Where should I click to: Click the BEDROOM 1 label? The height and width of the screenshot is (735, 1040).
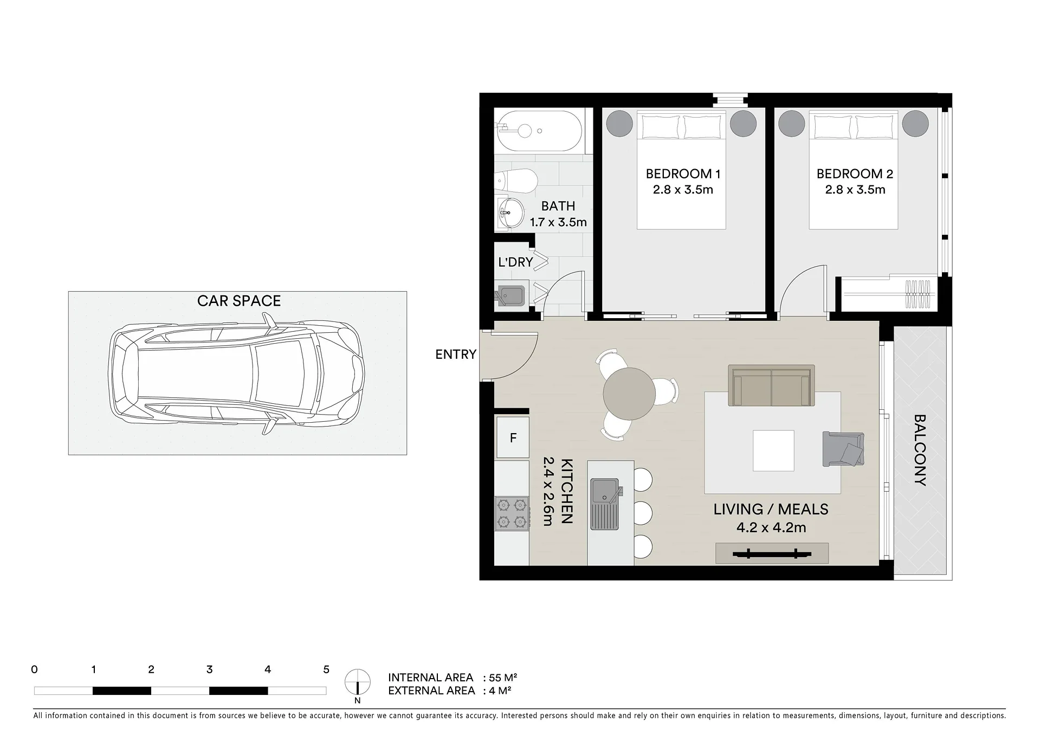coord(683,174)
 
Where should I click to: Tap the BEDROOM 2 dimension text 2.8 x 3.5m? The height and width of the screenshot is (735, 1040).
coord(855,190)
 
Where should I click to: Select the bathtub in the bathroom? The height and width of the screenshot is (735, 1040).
coord(540,131)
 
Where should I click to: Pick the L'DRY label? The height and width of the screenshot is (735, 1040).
coord(515,262)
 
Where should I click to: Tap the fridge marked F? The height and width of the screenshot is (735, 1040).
coord(513,437)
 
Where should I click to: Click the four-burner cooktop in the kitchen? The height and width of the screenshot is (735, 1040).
coord(512,513)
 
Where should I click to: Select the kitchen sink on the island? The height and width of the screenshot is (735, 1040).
coord(605,504)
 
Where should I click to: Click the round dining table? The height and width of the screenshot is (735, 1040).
coord(629,394)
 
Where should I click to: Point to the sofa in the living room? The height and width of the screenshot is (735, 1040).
coord(772,385)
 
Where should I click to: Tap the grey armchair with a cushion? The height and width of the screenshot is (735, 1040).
coord(843,449)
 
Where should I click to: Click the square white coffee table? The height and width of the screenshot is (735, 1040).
coord(773,450)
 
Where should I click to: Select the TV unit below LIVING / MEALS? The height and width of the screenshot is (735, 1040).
coord(772,553)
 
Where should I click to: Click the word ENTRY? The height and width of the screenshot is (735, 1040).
coord(456,354)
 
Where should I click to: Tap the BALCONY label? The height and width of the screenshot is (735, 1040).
coord(920,450)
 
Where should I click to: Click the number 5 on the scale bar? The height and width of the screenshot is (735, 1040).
coord(326,670)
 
